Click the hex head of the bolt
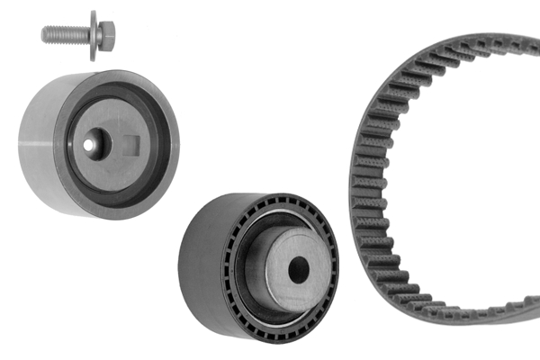click(106, 36)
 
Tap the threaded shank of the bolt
click(66, 34)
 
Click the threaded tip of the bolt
click(46, 34)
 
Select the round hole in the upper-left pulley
click(91, 143)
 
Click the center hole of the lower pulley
click(298, 267)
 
